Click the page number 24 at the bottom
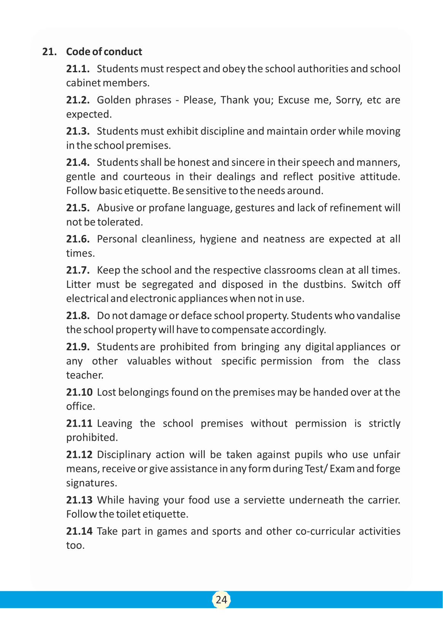coord(221,600)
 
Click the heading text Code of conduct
coord(104,52)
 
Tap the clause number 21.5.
coord(78,208)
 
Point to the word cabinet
coord(83,83)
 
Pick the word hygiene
coord(218,239)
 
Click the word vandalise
coord(378,316)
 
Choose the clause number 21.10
coord(79,392)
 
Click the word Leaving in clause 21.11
coord(115,423)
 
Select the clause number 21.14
coord(79,531)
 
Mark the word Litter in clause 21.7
coord(78,284)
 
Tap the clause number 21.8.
coord(78,316)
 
